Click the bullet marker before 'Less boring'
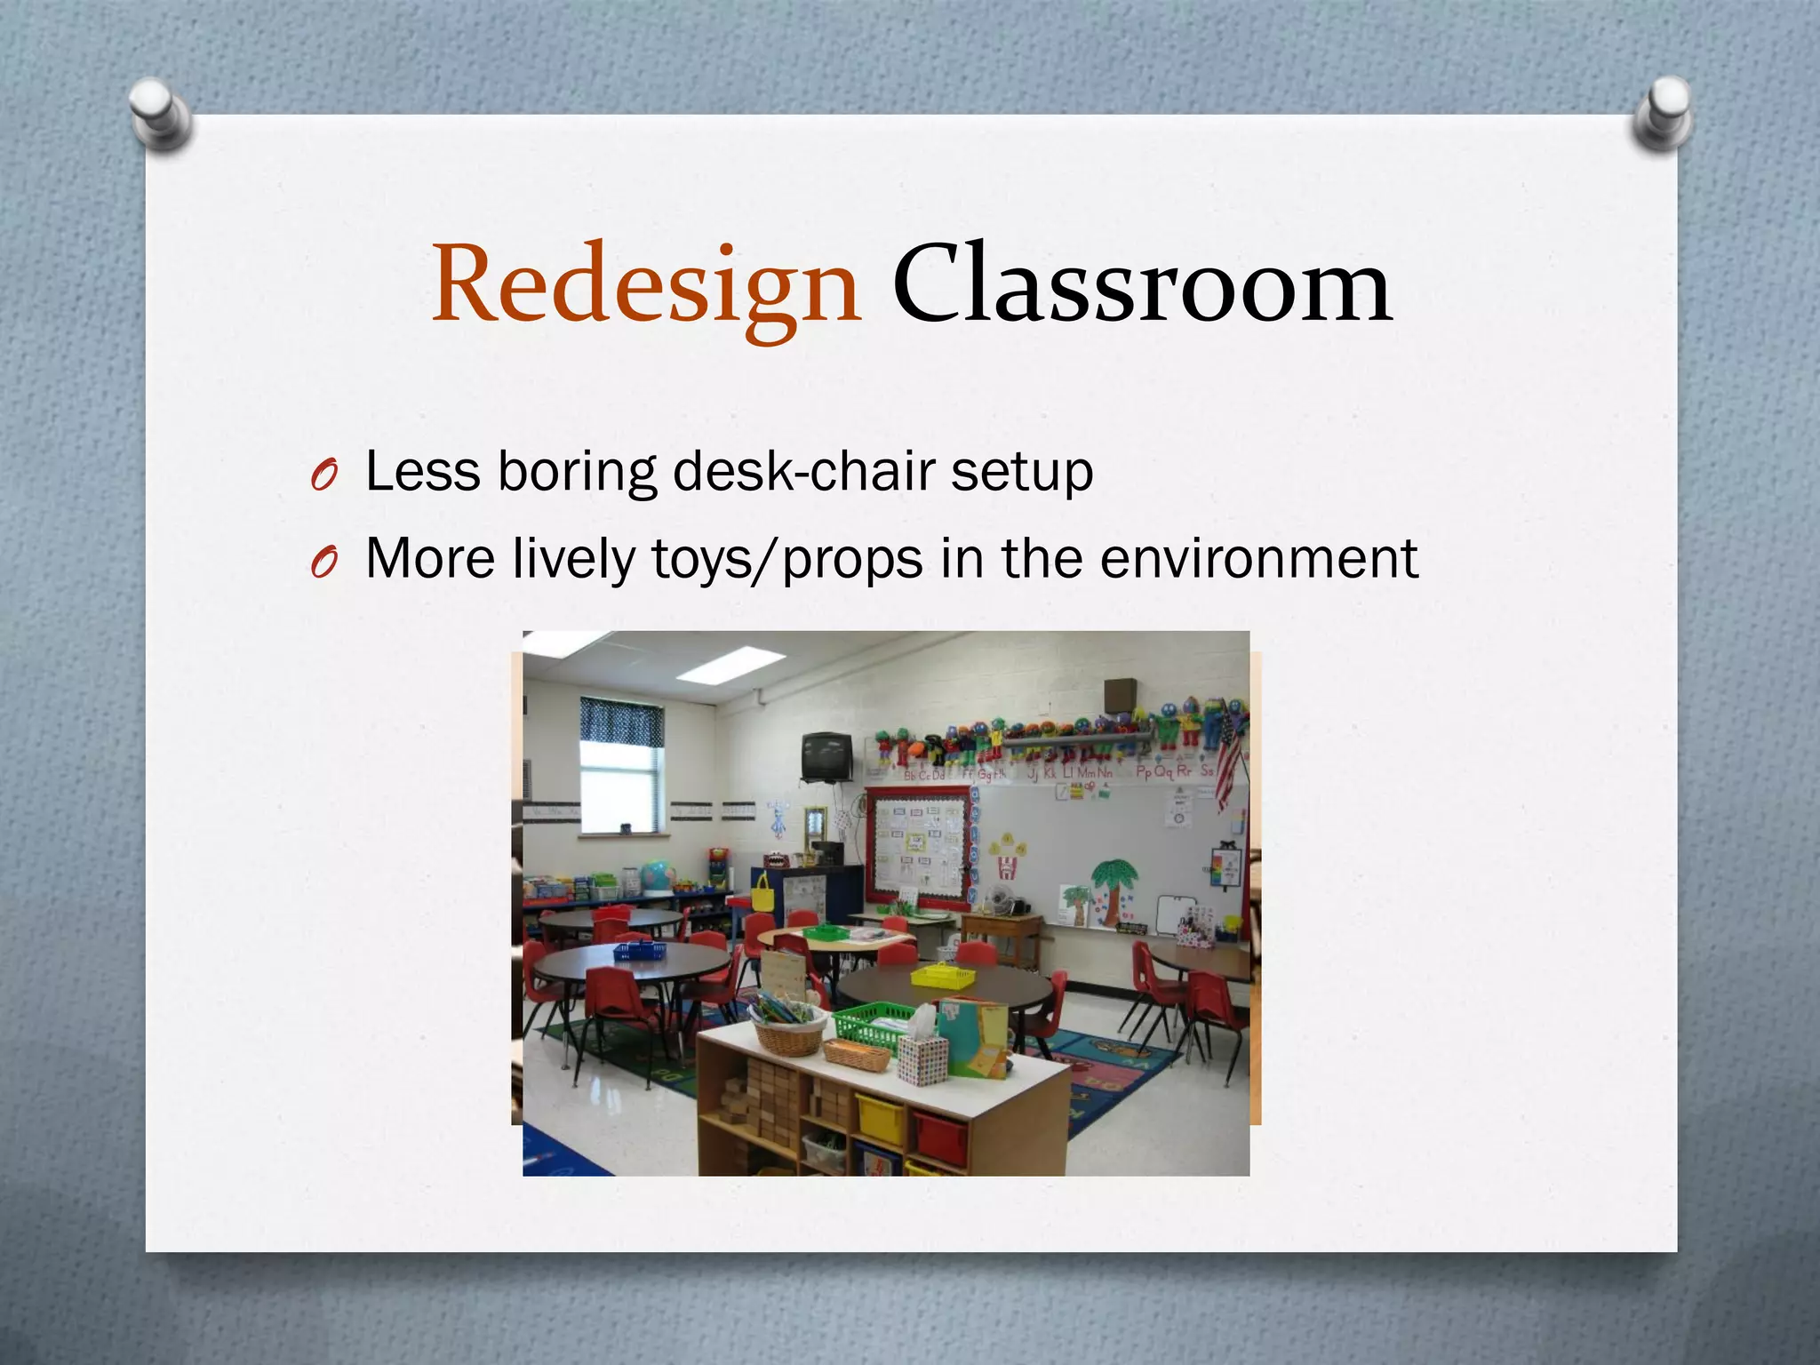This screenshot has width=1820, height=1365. click(x=323, y=477)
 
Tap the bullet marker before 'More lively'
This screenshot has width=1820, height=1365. click(x=323, y=563)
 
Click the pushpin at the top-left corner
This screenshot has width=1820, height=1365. click(x=160, y=113)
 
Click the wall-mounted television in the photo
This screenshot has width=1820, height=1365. click(x=826, y=756)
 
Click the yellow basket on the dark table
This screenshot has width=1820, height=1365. click(x=943, y=975)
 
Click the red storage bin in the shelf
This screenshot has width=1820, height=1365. click(x=940, y=1138)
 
